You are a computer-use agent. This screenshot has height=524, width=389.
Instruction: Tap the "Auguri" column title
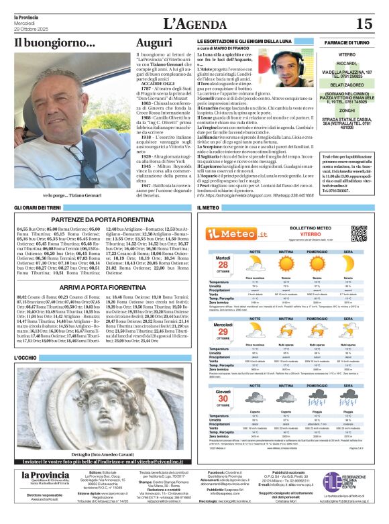pos(154,42)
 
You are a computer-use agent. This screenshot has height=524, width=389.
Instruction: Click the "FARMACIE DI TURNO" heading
pos(347,42)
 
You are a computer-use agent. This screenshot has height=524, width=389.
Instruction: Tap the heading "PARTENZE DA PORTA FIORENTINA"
pos(99,218)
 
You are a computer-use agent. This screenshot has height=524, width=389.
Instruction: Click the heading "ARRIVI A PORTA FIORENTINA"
pos(99,286)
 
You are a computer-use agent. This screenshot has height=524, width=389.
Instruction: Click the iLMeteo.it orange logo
pos(232,233)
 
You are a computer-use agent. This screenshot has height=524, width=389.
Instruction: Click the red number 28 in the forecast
pos(223,264)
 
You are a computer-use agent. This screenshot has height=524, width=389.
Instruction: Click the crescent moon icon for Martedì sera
pos(348,264)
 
